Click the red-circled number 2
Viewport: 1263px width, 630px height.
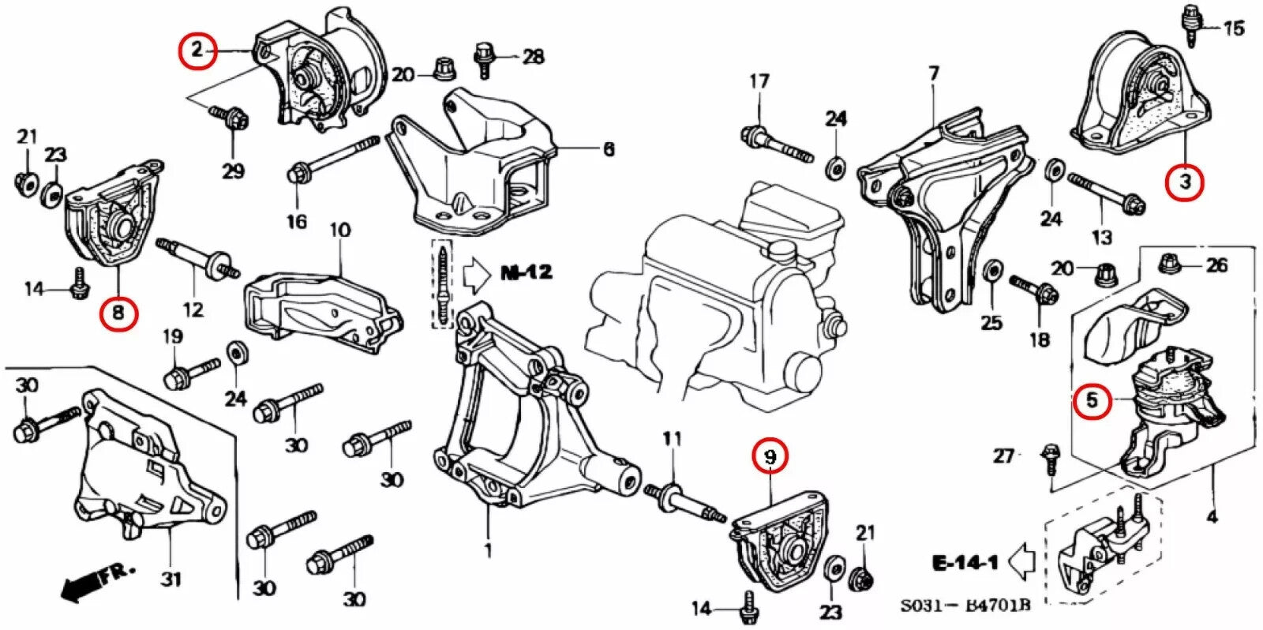(x=197, y=51)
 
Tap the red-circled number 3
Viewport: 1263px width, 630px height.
(x=1184, y=182)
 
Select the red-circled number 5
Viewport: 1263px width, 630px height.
(x=1092, y=400)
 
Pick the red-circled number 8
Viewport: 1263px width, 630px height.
(x=118, y=313)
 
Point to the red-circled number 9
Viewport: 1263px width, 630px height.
(x=770, y=456)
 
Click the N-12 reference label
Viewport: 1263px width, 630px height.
(x=527, y=273)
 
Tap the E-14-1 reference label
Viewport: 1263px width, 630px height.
(x=965, y=562)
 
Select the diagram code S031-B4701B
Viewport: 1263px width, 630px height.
(x=965, y=606)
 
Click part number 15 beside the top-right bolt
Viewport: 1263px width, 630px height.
(x=1234, y=29)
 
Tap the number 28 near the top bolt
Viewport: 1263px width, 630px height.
(x=533, y=56)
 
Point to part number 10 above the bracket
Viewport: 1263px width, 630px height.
(x=339, y=231)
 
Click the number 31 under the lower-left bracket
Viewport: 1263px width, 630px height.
(x=171, y=579)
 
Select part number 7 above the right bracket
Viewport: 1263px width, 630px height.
(x=934, y=73)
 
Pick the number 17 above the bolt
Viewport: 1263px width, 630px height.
(x=759, y=81)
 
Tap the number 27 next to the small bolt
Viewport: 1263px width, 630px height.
(x=1003, y=456)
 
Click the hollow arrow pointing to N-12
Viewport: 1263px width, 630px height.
(x=477, y=274)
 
